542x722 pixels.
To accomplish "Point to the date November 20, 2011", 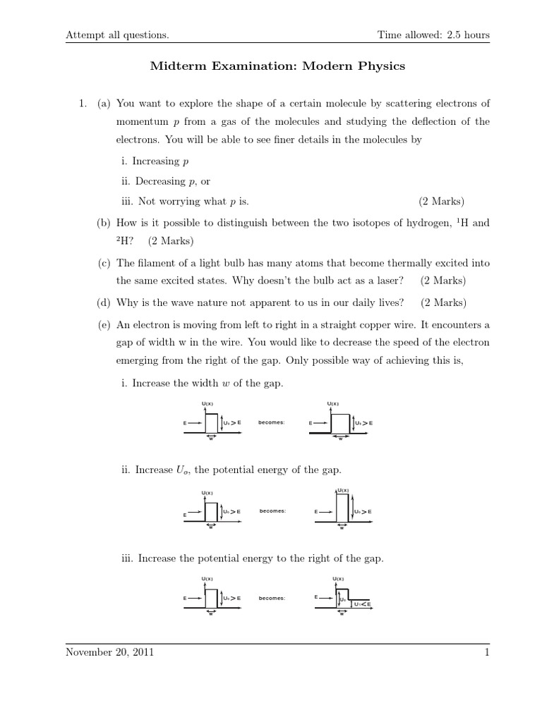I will coord(109,653).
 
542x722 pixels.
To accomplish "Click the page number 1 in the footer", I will coord(487,653).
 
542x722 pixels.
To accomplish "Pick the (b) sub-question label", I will coord(104,223).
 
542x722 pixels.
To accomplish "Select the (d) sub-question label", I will coord(104,303).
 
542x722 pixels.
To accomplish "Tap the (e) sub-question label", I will coord(104,324).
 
